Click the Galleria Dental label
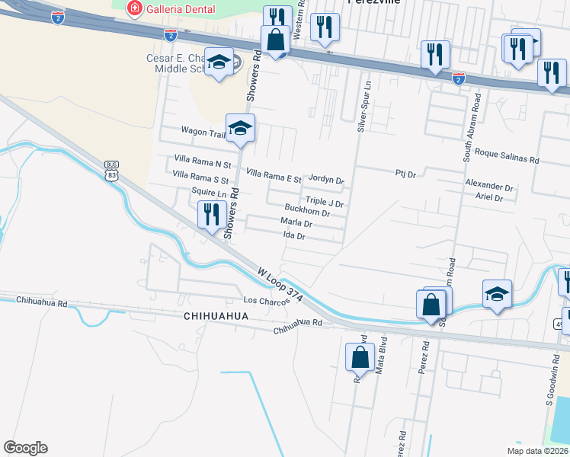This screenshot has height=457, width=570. point(181,9)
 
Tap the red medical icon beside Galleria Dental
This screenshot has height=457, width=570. point(135,9)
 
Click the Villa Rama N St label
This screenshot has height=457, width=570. point(202,164)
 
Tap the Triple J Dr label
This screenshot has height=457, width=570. point(325,204)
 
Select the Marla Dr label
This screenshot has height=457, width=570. point(297,224)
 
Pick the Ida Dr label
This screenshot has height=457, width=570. point(294,236)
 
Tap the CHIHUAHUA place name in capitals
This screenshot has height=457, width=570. point(217,315)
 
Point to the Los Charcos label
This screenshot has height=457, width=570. point(265,301)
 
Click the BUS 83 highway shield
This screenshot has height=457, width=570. point(112,171)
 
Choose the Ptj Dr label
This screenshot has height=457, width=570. point(405,174)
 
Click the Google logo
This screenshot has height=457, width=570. point(25,448)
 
